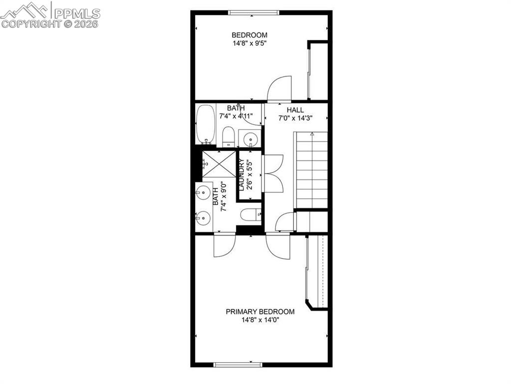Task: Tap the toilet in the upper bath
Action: pyautogui.click(x=228, y=136)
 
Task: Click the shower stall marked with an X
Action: pyautogui.click(x=219, y=163)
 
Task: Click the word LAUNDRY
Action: pyautogui.click(x=241, y=174)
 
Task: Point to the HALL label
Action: pyautogui.click(x=295, y=110)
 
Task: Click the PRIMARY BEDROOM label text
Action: pyautogui.click(x=260, y=311)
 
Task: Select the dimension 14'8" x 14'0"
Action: pyautogui.click(x=260, y=320)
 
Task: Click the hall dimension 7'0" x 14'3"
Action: pyautogui.click(x=295, y=118)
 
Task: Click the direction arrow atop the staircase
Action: pyautogui.click(x=312, y=134)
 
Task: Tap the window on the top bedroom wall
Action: pyautogui.click(x=253, y=12)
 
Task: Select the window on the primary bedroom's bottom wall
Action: pyautogui.click(x=238, y=364)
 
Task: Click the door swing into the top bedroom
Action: pyautogui.click(x=278, y=88)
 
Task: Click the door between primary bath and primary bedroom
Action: pyautogui.click(x=224, y=245)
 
